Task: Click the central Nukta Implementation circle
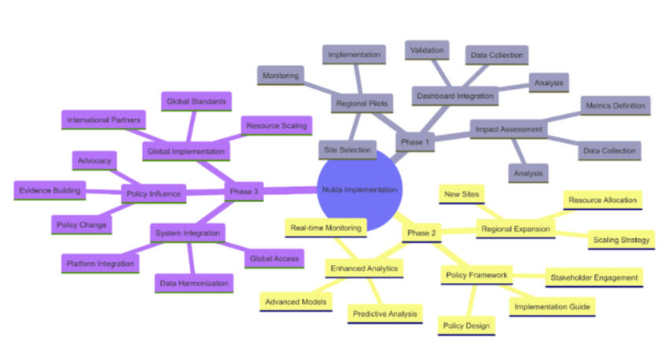point(361,189)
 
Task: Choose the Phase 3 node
point(244,191)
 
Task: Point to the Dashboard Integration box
point(454,96)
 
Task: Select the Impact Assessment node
point(508,128)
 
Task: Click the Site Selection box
point(346,149)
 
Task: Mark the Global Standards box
point(196,101)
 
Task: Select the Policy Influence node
point(153,193)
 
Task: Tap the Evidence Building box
point(49,190)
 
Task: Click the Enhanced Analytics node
point(364,269)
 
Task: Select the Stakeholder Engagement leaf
point(594,277)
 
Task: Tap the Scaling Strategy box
point(620,240)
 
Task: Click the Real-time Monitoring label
point(325,228)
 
